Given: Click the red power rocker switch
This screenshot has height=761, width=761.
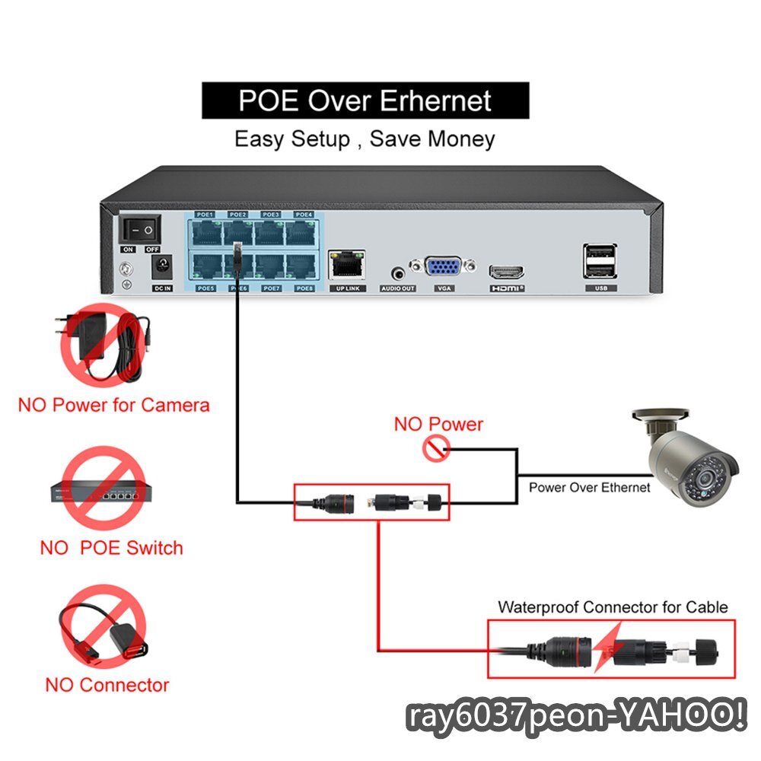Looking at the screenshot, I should (x=140, y=228).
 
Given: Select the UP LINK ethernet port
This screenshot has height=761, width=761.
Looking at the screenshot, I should (x=346, y=266).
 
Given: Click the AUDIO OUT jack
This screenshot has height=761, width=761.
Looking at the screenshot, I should (x=397, y=272).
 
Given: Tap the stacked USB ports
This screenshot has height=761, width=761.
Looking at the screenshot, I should (x=600, y=261).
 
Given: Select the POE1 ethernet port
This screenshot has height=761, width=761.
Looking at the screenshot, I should (x=205, y=232).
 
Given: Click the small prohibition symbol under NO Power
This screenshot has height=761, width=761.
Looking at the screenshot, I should (x=435, y=451).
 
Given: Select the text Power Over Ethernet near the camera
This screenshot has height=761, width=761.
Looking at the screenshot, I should (x=590, y=488).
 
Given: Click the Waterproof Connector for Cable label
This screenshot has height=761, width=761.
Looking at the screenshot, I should (x=613, y=607).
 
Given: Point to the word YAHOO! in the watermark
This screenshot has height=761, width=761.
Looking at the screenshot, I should (x=682, y=717).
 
